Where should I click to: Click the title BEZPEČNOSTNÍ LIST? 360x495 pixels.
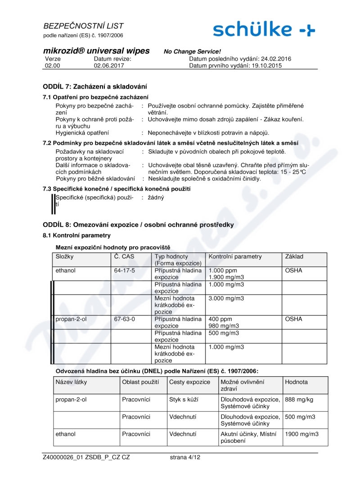pyautogui.click(x=83, y=26)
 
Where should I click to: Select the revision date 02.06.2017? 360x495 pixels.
pyautogui.click(x=109, y=65)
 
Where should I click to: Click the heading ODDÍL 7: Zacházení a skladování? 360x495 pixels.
pyautogui.click(x=94, y=86)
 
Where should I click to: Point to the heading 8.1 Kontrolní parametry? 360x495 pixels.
pyautogui.click(x=76, y=235)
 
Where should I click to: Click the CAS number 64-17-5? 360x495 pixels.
pyautogui.click(x=125, y=271)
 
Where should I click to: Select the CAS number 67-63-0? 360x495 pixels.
pyautogui.click(x=125, y=319)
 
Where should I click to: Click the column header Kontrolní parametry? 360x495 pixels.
pyautogui.click(x=235, y=256)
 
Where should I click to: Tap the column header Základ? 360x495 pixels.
pyautogui.click(x=294, y=256)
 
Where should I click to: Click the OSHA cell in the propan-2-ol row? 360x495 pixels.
pyautogui.click(x=293, y=319)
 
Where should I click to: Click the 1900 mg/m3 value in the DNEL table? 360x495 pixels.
pyautogui.click(x=301, y=434)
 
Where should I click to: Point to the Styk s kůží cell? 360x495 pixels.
pyautogui.click(x=184, y=399)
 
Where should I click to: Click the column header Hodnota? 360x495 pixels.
pyautogui.click(x=297, y=382)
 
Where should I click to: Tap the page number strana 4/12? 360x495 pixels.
pyautogui.click(x=185, y=457)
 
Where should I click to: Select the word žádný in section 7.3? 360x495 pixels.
pyautogui.click(x=156, y=197)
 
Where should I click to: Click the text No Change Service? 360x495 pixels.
pyautogui.click(x=192, y=52)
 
